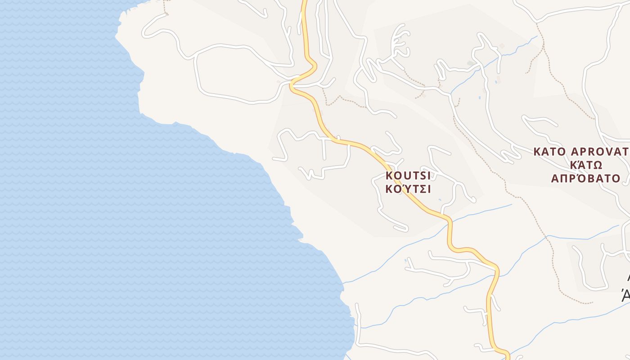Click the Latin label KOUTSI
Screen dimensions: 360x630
pyautogui.click(x=408, y=175)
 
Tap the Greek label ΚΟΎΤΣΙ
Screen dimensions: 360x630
pyautogui.click(x=408, y=189)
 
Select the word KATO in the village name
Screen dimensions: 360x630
pyautogui.click(x=549, y=152)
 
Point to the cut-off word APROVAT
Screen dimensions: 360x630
pyautogui.click(x=600, y=152)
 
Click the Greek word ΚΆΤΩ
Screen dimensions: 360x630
pyautogui.click(x=586, y=165)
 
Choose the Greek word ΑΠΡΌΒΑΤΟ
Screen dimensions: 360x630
pyautogui.click(x=586, y=178)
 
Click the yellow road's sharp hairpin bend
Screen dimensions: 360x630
pyautogui.click(x=293, y=83)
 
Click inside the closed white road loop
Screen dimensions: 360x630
pyautogui.click(x=238, y=72)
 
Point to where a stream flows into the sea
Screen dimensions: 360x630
pyautogui.click(x=344, y=283)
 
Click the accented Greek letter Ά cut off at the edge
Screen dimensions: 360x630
pyautogui.click(x=625, y=297)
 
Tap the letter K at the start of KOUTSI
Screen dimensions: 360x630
pyautogui.click(x=389, y=175)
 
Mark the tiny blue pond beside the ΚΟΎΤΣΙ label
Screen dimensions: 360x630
pyautogui.click(x=440, y=199)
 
